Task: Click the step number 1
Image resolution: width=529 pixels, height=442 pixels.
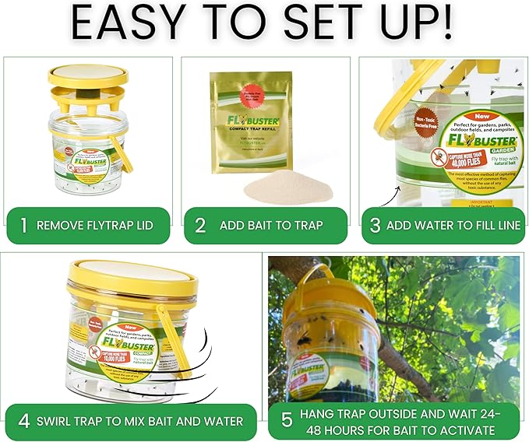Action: coord(24,226)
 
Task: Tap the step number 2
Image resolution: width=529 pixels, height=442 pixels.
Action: coord(200,226)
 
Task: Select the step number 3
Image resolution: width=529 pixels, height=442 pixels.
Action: coord(376,226)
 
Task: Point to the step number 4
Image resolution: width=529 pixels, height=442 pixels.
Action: coord(24,421)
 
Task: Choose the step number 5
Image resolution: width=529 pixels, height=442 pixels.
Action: coord(286,421)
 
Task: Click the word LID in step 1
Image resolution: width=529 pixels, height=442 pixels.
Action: coord(141,226)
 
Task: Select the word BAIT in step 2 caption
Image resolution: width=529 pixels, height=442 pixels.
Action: coord(261,226)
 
